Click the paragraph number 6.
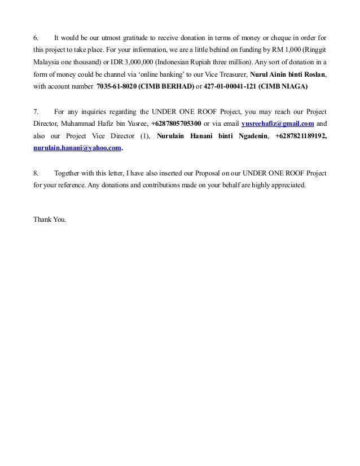36,38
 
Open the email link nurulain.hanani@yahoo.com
77,148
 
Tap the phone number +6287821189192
299,136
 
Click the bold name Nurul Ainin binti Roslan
288,74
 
